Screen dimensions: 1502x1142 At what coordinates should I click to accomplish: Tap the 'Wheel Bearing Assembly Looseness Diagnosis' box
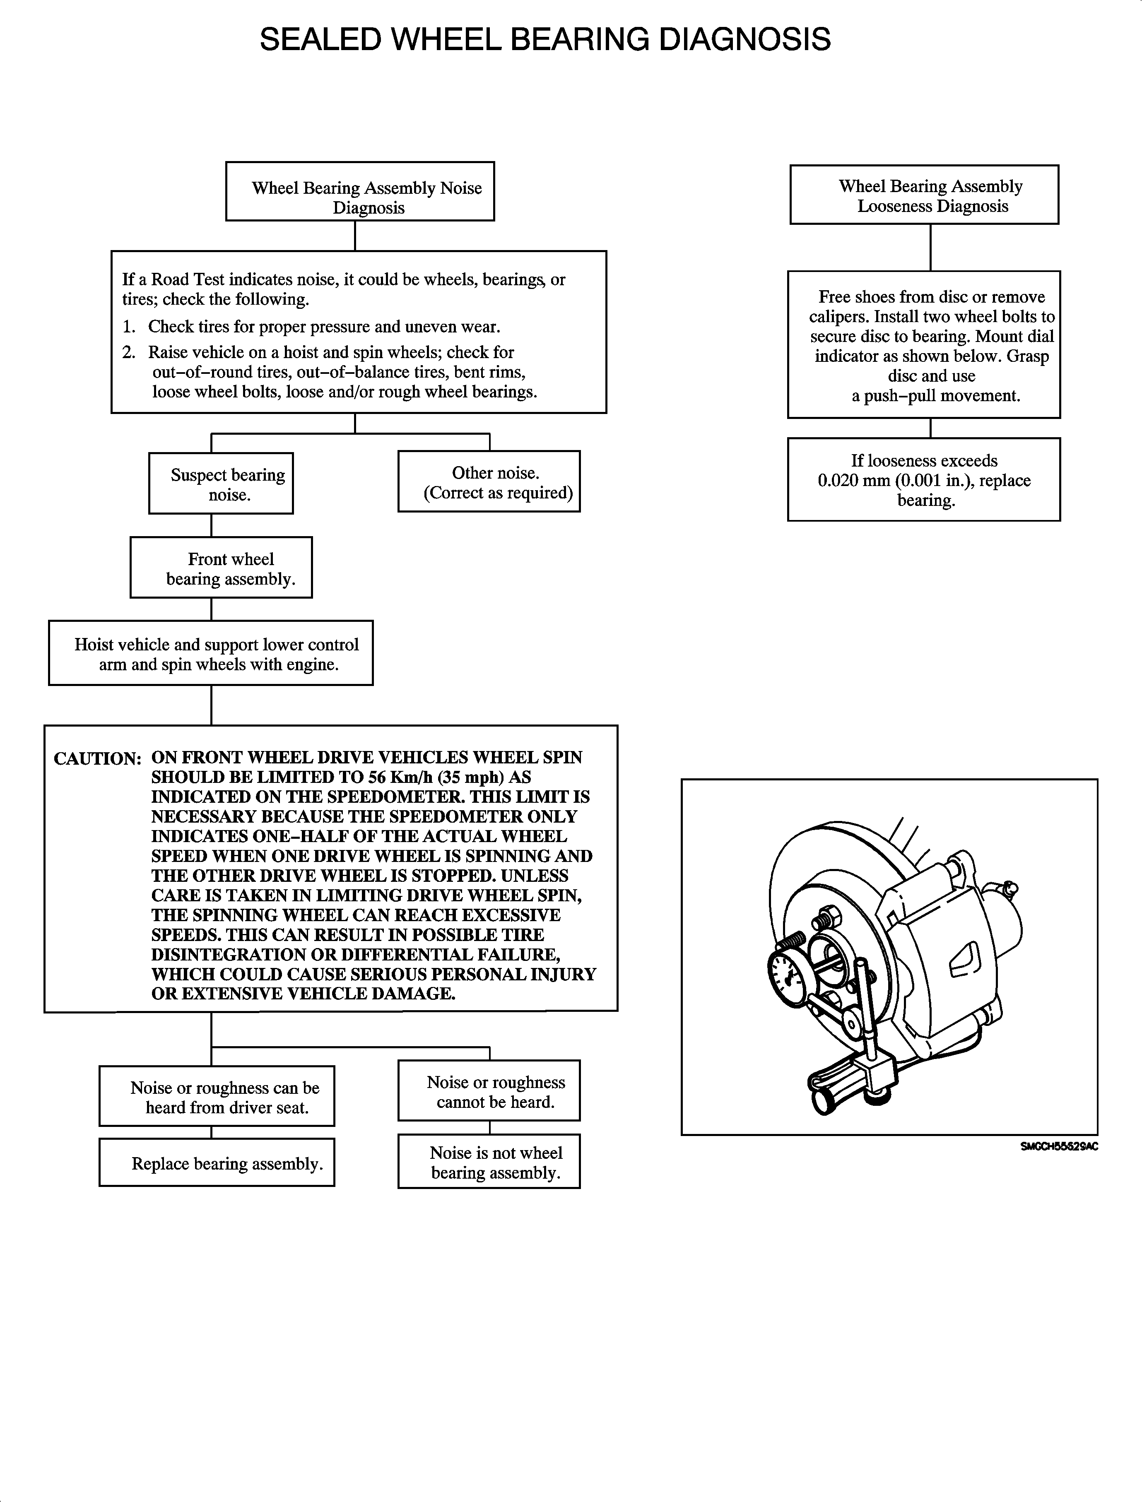pos(924,195)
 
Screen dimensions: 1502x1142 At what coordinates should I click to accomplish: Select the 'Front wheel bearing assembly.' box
pos(221,568)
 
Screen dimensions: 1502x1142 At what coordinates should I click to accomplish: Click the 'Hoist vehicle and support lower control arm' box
pos(211,653)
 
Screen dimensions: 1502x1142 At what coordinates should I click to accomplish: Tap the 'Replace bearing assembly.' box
pos(217,1163)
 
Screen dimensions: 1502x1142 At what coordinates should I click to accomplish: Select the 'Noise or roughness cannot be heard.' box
pos(489,1091)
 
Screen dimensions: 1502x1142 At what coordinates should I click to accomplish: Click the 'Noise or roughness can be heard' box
pos(217,1097)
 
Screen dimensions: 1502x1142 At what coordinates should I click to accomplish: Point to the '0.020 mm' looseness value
pos(853,481)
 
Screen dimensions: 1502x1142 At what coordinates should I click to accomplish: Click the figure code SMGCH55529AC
pos(1058,1146)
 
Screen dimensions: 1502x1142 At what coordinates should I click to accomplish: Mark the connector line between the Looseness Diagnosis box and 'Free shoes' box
pos(930,248)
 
